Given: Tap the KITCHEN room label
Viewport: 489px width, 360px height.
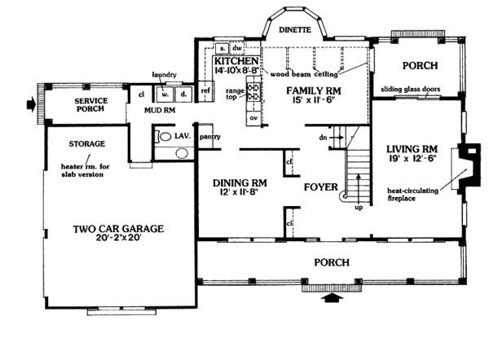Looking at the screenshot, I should tap(236, 61).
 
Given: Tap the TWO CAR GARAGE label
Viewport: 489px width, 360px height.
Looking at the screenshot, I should tap(117, 230).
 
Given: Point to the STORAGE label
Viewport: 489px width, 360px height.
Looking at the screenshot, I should tap(86, 144).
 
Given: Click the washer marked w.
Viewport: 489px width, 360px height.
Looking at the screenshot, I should tap(165, 94).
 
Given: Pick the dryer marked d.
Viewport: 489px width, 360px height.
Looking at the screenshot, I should tap(184, 94).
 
